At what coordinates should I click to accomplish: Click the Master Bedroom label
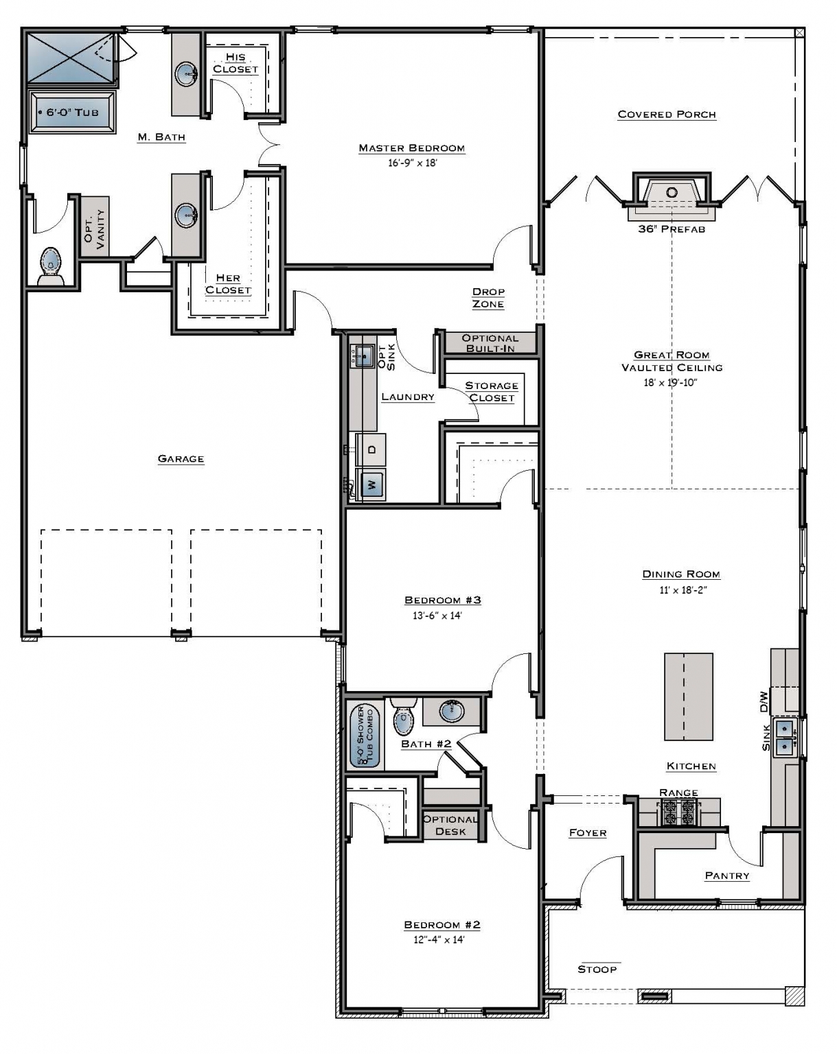point(411,148)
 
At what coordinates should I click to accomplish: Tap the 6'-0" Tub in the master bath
point(72,113)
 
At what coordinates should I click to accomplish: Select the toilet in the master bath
point(51,266)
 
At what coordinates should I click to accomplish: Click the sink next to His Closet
point(187,73)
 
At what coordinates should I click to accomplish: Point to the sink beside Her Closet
point(187,215)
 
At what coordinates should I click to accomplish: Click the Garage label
point(181,459)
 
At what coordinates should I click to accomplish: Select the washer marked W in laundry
point(371,485)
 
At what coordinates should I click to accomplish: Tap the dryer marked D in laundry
point(371,450)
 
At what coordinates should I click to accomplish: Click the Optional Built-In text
point(490,343)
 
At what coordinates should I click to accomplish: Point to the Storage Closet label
point(492,392)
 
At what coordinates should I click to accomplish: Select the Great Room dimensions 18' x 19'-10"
point(670,383)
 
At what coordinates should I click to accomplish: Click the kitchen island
point(688,696)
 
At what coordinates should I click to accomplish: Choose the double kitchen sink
point(784,737)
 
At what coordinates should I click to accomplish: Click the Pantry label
point(726,876)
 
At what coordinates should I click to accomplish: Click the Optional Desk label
point(450,825)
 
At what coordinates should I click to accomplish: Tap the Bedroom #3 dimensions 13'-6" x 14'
point(437,616)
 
